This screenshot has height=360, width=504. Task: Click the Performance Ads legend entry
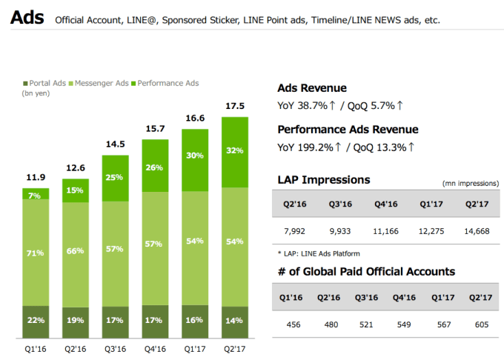170,84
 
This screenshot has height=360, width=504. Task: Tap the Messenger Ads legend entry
105,84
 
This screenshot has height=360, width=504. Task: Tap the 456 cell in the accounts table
294,325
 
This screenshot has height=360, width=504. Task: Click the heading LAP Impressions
323,180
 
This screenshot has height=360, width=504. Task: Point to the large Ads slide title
27,17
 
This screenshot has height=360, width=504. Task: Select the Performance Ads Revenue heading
348,130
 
